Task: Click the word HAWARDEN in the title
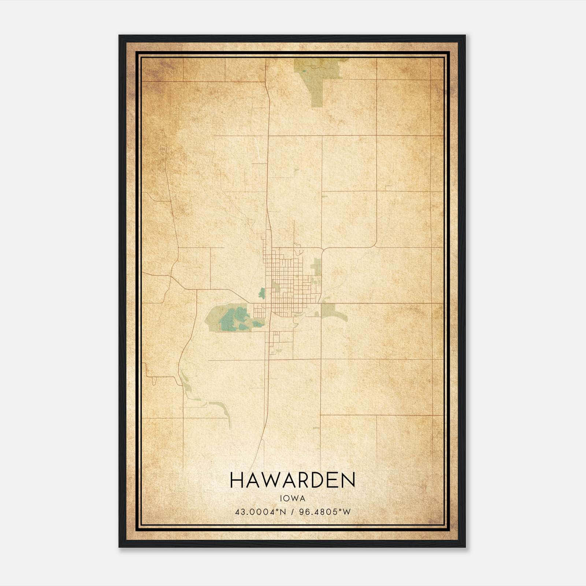coord(293,480)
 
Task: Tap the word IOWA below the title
coord(292,498)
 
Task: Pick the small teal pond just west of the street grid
coord(262,293)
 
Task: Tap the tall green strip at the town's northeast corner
coord(317,267)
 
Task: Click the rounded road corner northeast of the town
coord(375,244)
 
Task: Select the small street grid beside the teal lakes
coord(259,312)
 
